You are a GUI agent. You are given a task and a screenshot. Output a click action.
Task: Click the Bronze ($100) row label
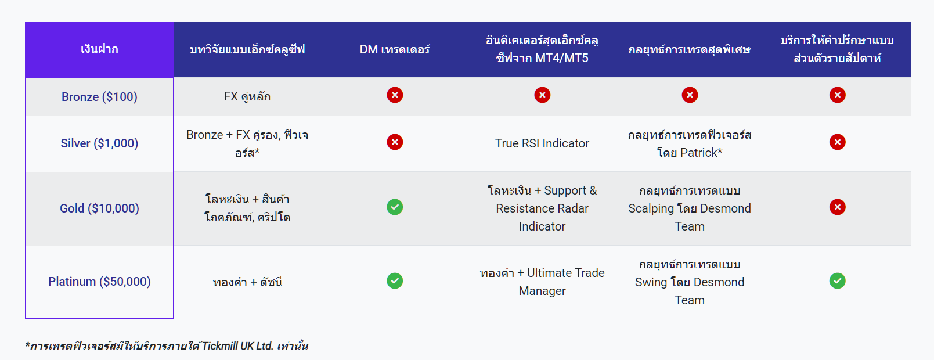pos(99,97)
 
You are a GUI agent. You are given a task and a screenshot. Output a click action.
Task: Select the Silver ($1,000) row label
pos(99,143)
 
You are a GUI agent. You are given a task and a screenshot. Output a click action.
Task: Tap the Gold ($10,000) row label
pos(99,208)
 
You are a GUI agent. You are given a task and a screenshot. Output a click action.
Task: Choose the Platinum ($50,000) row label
pos(99,282)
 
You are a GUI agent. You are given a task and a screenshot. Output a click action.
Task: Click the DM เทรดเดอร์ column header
pos(395,49)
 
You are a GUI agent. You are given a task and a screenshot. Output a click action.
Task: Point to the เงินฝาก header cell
pos(99,49)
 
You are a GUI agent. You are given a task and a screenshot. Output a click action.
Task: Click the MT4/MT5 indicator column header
pos(542,49)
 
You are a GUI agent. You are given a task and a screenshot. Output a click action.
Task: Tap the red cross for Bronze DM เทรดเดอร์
pos(395,95)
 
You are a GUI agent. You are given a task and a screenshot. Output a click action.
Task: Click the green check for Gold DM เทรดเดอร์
pos(395,207)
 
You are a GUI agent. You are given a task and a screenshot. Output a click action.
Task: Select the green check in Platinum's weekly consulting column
pos(837,280)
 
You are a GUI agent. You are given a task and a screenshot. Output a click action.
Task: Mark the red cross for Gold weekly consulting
pos(837,207)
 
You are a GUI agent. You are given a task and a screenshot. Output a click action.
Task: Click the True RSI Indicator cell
pos(542,143)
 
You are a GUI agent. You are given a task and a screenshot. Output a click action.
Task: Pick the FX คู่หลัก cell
pos(247,97)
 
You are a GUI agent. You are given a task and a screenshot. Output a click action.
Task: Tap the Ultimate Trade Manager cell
pos(542,282)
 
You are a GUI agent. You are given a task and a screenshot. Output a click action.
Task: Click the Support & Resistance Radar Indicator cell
pos(542,208)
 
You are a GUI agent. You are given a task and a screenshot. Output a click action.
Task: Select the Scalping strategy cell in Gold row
pos(690,208)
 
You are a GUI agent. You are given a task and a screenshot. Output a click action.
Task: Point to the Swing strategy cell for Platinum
pos(690,282)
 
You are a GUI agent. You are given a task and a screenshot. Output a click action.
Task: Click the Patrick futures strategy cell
pos(690,143)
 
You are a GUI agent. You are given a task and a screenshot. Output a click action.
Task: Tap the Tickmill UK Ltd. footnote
pos(167,346)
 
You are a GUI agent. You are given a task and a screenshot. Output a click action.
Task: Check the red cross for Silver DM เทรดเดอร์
pos(395,142)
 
